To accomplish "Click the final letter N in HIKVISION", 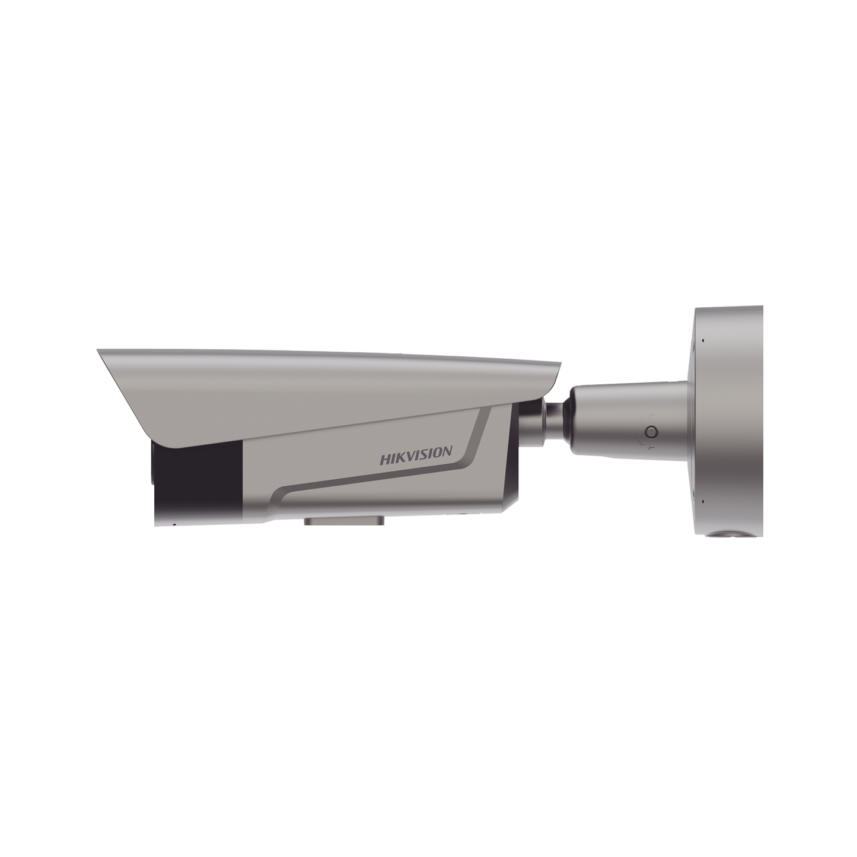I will point(448,453).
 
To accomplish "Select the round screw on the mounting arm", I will point(651,431).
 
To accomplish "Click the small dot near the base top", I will point(703,340).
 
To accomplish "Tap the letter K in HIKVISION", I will point(400,457).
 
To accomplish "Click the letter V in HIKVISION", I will point(412,456).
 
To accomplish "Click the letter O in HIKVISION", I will point(438,454).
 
